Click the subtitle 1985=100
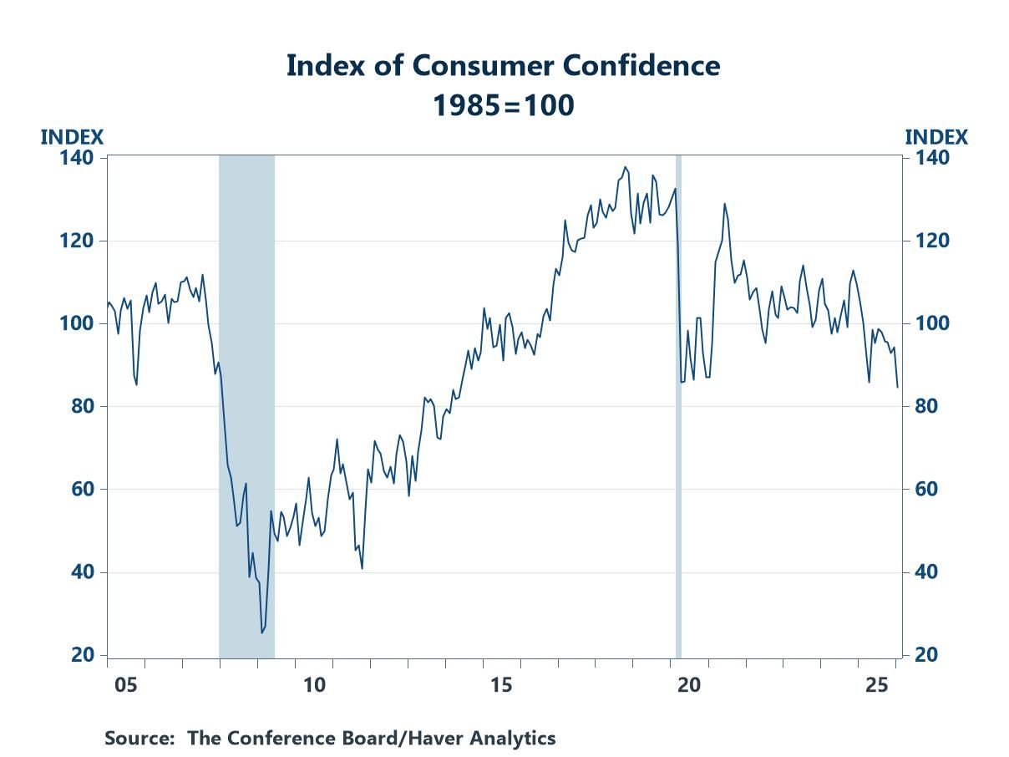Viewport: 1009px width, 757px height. (503, 105)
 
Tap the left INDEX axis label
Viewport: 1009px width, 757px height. (72, 137)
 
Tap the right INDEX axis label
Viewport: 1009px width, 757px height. (935, 137)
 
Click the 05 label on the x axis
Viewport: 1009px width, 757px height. (125, 685)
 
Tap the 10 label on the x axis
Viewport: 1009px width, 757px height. (313, 685)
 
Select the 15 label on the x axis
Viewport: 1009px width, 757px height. (501, 685)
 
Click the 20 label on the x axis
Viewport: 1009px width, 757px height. (688, 685)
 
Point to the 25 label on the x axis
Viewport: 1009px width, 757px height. (876, 685)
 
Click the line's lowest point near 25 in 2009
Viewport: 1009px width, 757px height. (261, 633)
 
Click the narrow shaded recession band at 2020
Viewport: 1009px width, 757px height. (678, 401)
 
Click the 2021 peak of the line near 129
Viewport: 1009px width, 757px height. (724, 204)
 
